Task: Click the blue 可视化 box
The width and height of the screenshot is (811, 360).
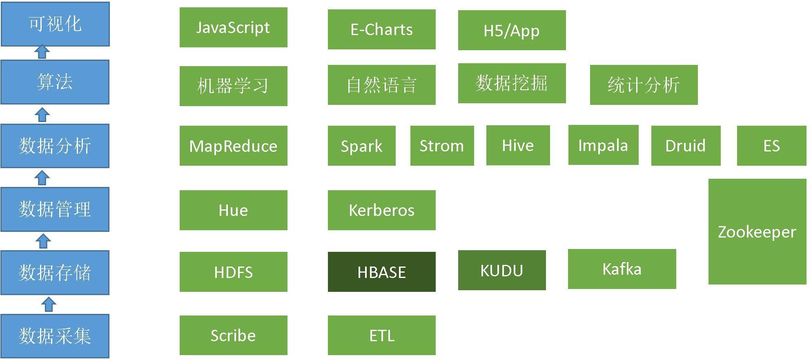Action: click(55, 24)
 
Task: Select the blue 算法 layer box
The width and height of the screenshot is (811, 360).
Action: click(55, 82)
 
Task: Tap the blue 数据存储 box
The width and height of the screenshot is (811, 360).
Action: click(55, 272)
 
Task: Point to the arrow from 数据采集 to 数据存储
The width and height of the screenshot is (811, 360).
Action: click(49, 304)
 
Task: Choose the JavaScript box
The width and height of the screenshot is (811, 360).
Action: click(234, 27)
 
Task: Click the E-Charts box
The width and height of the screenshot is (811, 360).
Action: click(382, 29)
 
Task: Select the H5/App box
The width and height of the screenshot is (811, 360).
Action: click(512, 30)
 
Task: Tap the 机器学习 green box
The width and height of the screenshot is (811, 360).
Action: click(234, 86)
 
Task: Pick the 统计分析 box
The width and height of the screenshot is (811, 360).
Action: click(644, 85)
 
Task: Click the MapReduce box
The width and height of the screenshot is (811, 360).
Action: click(234, 146)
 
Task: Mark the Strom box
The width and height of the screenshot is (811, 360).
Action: click(442, 146)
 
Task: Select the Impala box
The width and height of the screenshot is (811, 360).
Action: click(604, 145)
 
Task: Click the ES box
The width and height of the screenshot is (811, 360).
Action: click(772, 146)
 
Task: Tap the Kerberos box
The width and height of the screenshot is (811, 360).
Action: click(382, 210)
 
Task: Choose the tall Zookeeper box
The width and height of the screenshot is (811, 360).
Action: click(758, 231)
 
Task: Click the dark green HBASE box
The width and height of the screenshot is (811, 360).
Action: click(382, 272)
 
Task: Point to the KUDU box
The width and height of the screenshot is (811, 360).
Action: click(502, 270)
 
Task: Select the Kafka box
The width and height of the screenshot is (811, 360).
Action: click(622, 269)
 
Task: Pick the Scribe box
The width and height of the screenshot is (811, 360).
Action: click(234, 336)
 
